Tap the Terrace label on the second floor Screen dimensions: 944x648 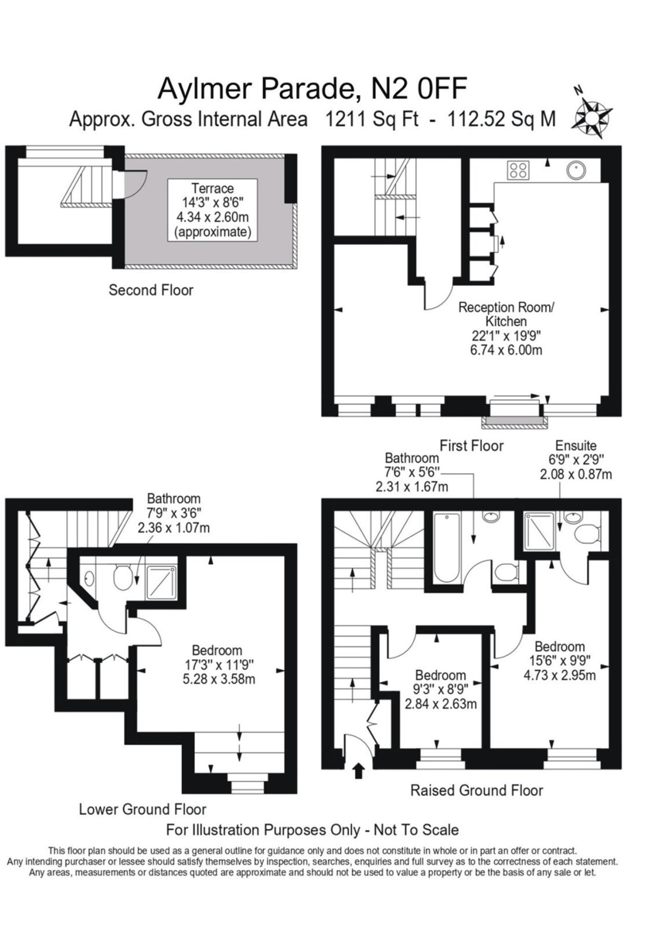212,189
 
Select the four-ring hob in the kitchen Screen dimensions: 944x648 518,170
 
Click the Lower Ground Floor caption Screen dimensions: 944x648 142,809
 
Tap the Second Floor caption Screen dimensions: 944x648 151,290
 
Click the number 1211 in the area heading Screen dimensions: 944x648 345,119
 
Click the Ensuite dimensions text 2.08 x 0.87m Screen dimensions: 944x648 576,474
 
